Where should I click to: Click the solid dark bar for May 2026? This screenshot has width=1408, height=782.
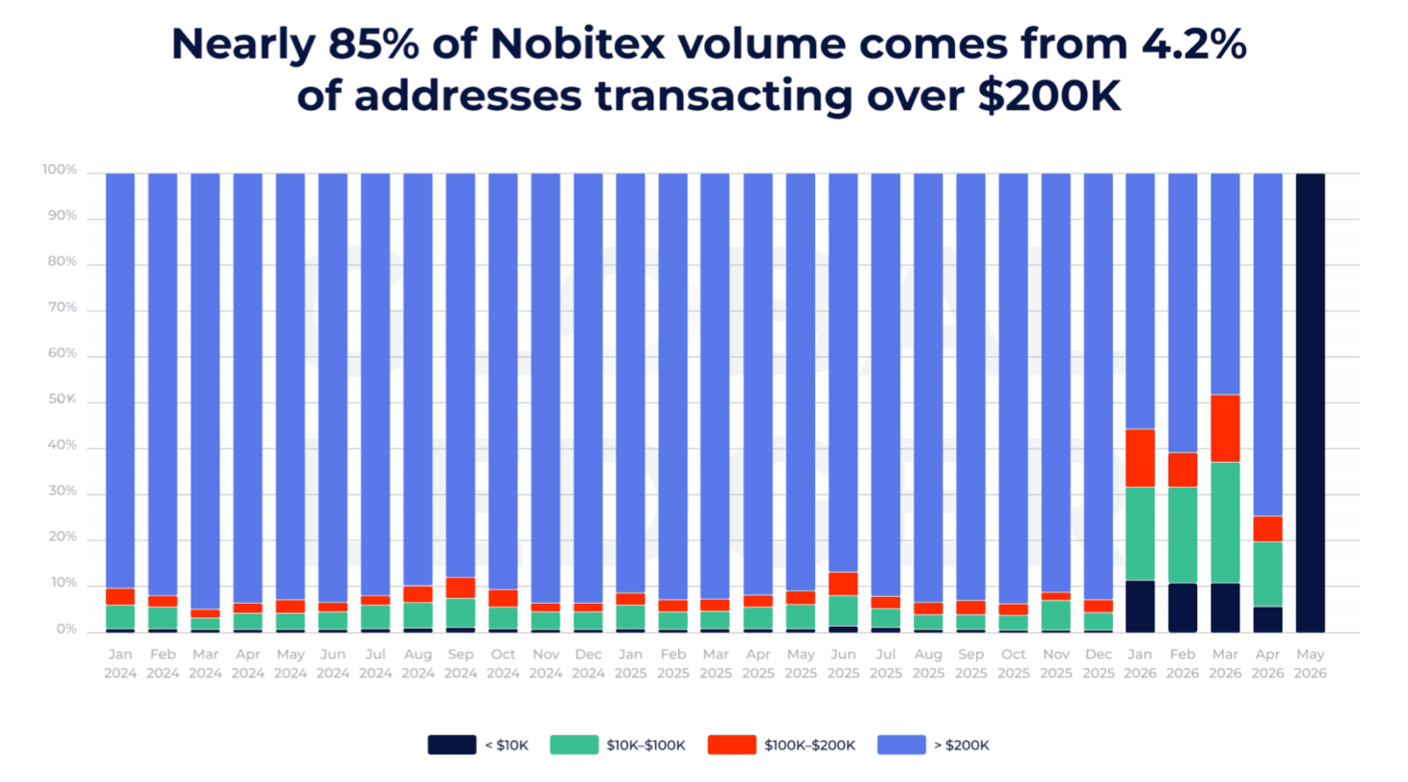pos(1310,402)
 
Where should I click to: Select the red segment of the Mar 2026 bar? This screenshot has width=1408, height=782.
pos(1225,428)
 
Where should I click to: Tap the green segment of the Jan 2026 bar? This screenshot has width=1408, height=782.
pos(1140,534)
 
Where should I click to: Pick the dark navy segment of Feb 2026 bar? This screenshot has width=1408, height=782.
pos(1183,608)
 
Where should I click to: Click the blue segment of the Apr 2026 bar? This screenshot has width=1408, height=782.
pos(1268,345)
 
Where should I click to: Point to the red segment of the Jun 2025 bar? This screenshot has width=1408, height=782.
pos(843,584)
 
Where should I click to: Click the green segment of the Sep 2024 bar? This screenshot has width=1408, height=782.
pos(461,612)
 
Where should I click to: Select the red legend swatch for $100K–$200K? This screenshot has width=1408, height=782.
pos(732,745)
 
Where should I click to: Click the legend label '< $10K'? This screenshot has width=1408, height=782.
pos(507,746)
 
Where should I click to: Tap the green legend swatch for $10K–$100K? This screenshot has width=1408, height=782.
pos(574,745)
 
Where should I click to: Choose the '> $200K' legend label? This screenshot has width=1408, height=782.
pos(962,746)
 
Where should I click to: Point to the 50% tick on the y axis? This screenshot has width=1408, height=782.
pos(62,400)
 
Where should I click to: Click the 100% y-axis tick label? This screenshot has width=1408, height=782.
pos(59,170)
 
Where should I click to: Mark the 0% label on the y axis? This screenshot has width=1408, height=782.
pos(67,629)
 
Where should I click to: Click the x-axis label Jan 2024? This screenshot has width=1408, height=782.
pos(120,664)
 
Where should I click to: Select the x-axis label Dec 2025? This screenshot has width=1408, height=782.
pos(1098,664)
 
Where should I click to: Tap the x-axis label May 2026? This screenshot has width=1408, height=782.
pos(1310,664)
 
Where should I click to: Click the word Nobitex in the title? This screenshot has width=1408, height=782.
pos(577,44)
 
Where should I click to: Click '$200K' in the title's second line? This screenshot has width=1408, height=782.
pos(1050,96)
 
